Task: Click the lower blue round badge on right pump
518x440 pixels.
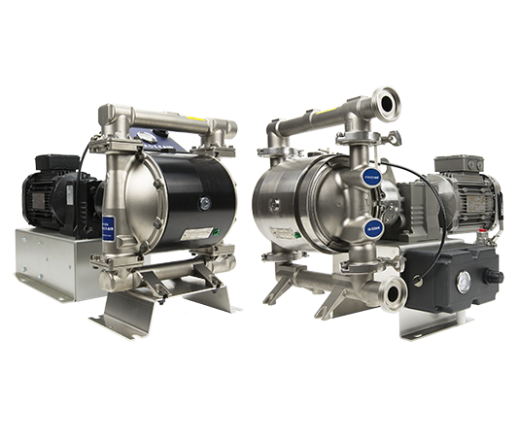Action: coord(372,229)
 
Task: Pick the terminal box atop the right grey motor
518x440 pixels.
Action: coord(451,167)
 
